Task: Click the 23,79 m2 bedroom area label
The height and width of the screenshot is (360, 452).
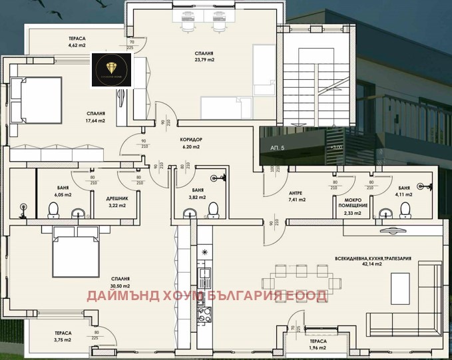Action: [204, 59]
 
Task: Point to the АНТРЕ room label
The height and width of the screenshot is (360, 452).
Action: [297, 192]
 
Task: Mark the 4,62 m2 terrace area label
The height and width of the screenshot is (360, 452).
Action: [77, 45]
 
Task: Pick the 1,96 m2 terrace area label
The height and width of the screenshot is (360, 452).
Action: [317, 347]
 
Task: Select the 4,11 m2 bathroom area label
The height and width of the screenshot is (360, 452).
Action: [404, 195]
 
